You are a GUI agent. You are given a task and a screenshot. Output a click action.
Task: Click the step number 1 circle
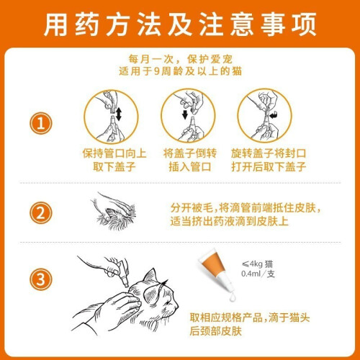pos(40,123)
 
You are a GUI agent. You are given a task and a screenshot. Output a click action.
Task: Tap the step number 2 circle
pos(40,213)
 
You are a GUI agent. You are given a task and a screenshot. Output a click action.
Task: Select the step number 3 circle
pos(40,279)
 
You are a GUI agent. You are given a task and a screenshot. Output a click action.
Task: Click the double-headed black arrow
pos(119,114)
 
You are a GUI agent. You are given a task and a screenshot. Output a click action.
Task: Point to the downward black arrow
pos(185,114)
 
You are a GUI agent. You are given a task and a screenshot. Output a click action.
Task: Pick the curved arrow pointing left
pos(274,115)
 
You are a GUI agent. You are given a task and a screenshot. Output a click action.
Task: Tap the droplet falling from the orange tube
pos(233,297)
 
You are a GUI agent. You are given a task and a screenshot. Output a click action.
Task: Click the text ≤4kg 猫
pos(257,264)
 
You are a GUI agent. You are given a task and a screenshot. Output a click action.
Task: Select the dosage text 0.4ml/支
pos(258,274)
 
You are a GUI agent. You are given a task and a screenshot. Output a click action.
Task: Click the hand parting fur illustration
pos(113,211)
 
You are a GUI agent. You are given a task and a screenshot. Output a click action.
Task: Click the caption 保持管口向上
pos(114,153)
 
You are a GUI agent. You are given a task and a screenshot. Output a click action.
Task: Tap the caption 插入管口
pos(190,167)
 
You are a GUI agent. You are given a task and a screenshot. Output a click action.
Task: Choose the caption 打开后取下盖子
pos(269,167)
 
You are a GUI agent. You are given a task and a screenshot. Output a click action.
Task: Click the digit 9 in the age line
pos(156,71)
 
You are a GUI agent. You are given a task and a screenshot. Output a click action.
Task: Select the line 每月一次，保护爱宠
pos(180,59)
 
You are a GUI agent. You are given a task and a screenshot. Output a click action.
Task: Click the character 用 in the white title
pos(55,24)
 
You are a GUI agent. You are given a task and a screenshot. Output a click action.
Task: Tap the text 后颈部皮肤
pos(215,331)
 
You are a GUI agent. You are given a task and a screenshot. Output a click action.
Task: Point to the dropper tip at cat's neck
pos(126,284)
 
